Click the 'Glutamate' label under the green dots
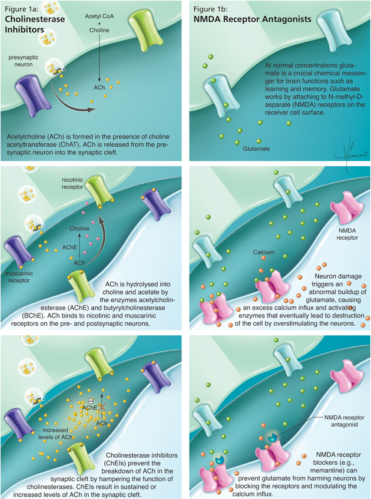[256, 149]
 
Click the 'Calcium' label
[264, 252]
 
